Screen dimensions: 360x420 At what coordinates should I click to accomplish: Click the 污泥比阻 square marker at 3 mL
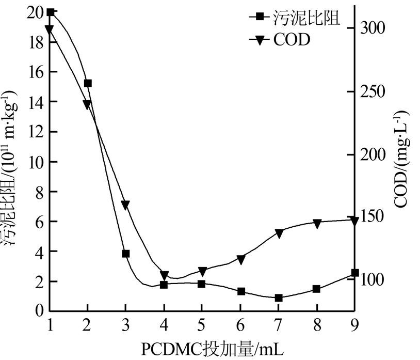pos(125,254)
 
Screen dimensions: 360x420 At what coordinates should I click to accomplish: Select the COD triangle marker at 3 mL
pos(125,205)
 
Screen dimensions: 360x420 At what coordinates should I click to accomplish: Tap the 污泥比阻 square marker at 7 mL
pos(278,298)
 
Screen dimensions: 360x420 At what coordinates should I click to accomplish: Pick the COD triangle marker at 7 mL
pos(278,233)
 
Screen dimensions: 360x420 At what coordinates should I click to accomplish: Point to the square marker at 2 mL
pos(88,83)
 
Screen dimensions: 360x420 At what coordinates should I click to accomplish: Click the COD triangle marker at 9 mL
pos(354,221)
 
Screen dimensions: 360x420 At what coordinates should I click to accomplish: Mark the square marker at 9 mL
pos(354,273)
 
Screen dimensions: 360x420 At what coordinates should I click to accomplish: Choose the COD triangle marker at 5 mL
pos(202,272)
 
